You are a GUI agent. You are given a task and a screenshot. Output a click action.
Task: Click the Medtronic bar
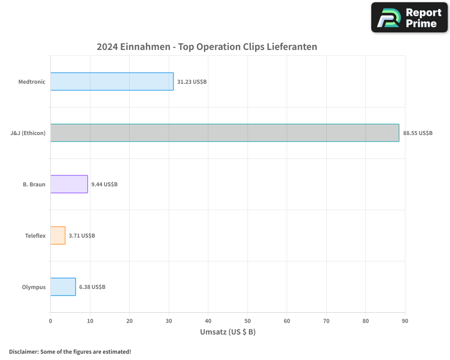pyautogui.click(x=112, y=81)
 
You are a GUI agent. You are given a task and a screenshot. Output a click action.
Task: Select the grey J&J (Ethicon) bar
pyautogui.click(x=225, y=133)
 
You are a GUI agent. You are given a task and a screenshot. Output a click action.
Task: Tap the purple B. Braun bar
pyautogui.click(x=69, y=184)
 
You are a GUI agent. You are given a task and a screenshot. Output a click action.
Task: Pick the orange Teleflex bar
pyautogui.click(x=58, y=235)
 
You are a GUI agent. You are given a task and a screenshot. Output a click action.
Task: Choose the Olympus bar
pyautogui.click(x=63, y=287)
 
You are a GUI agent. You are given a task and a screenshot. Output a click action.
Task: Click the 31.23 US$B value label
pyautogui.click(x=192, y=82)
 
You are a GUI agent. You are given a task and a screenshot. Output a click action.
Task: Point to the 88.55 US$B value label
pyautogui.click(x=418, y=133)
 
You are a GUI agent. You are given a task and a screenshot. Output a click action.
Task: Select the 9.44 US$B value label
pyautogui.click(x=104, y=184)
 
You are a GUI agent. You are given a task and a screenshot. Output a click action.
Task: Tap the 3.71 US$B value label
pyautogui.click(x=82, y=236)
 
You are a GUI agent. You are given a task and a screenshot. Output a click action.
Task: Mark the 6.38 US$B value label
pyautogui.click(x=92, y=287)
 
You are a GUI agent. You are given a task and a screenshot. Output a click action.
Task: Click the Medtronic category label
pyautogui.click(x=32, y=82)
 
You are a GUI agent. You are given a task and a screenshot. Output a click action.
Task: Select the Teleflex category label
pyautogui.click(x=35, y=236)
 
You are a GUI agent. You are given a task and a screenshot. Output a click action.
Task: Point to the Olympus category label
pyautogui.click(x=34, y=287)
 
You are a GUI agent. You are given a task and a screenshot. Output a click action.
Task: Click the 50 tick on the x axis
pyautogui.click(x=247, y=321)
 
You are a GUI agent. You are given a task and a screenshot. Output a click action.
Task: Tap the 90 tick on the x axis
pyautogui.click(x=405, y=321)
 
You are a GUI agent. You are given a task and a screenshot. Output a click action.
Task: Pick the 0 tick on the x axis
pyautogui.click(x=50, y=321)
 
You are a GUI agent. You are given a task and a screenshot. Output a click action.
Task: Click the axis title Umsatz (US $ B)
pyautogui.click(x=228, y=332)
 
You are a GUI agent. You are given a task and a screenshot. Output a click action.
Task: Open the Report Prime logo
pyautogui.click(x=409, y=18)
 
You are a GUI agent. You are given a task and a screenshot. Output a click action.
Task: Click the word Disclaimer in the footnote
pyautogui.click(x=23, y=351)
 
